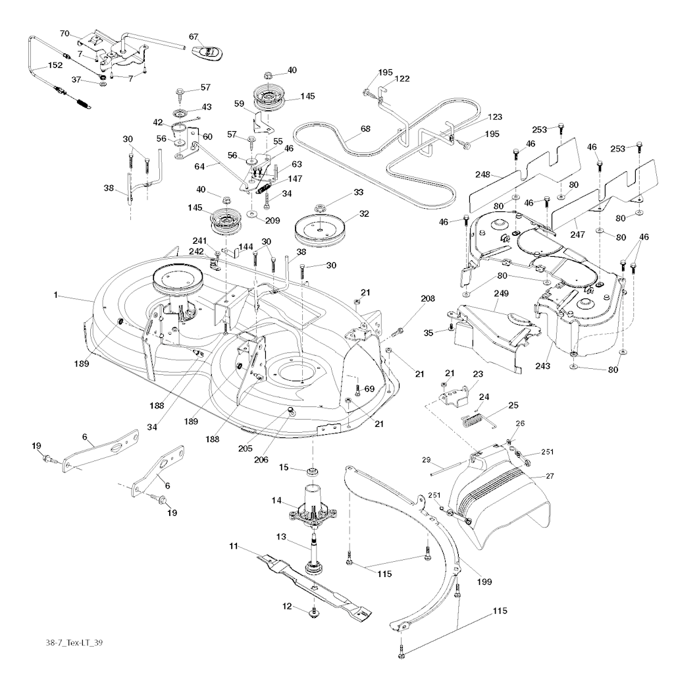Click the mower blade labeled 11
[309, 580]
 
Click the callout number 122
[402, 79]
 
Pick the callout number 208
[428, 298]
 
